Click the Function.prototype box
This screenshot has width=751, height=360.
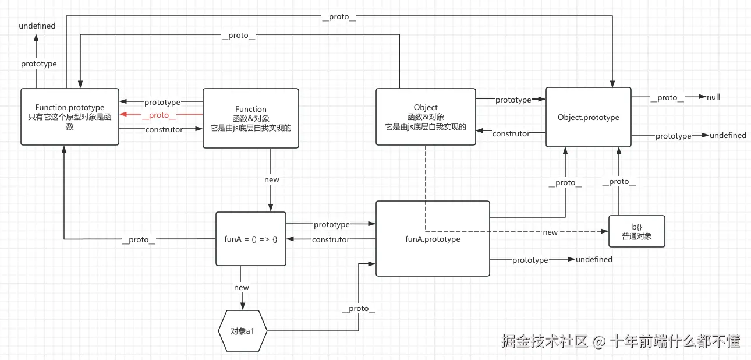[x=70, y=117]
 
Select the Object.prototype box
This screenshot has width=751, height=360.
[x=588, y=117]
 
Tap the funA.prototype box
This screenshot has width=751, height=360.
[x=433, y=239]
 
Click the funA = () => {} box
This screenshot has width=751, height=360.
[x=251, y=239]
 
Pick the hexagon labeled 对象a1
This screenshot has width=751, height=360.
[x=242, y=331]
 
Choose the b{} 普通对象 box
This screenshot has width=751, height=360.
[x=636, y=231]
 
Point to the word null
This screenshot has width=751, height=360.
[x=713, y=97]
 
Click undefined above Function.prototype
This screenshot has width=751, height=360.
[x=37, y=26]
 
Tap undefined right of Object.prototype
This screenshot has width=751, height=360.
[x=728, y=135]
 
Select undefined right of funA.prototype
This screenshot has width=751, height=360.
[x=594, y=259]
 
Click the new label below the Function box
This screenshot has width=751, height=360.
[x=272, y=179]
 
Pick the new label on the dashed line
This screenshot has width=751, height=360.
[x=550, y=232]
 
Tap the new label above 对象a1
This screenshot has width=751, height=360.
[x=241, y=287]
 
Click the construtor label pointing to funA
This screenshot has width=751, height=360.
[x=331, y=239]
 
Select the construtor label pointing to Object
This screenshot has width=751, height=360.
[x=511, y=133]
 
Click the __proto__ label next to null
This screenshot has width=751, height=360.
[x=667, y=97]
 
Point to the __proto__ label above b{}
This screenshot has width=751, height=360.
[x=619, y=182]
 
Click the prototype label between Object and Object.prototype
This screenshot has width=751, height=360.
[x=513, y=100]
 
